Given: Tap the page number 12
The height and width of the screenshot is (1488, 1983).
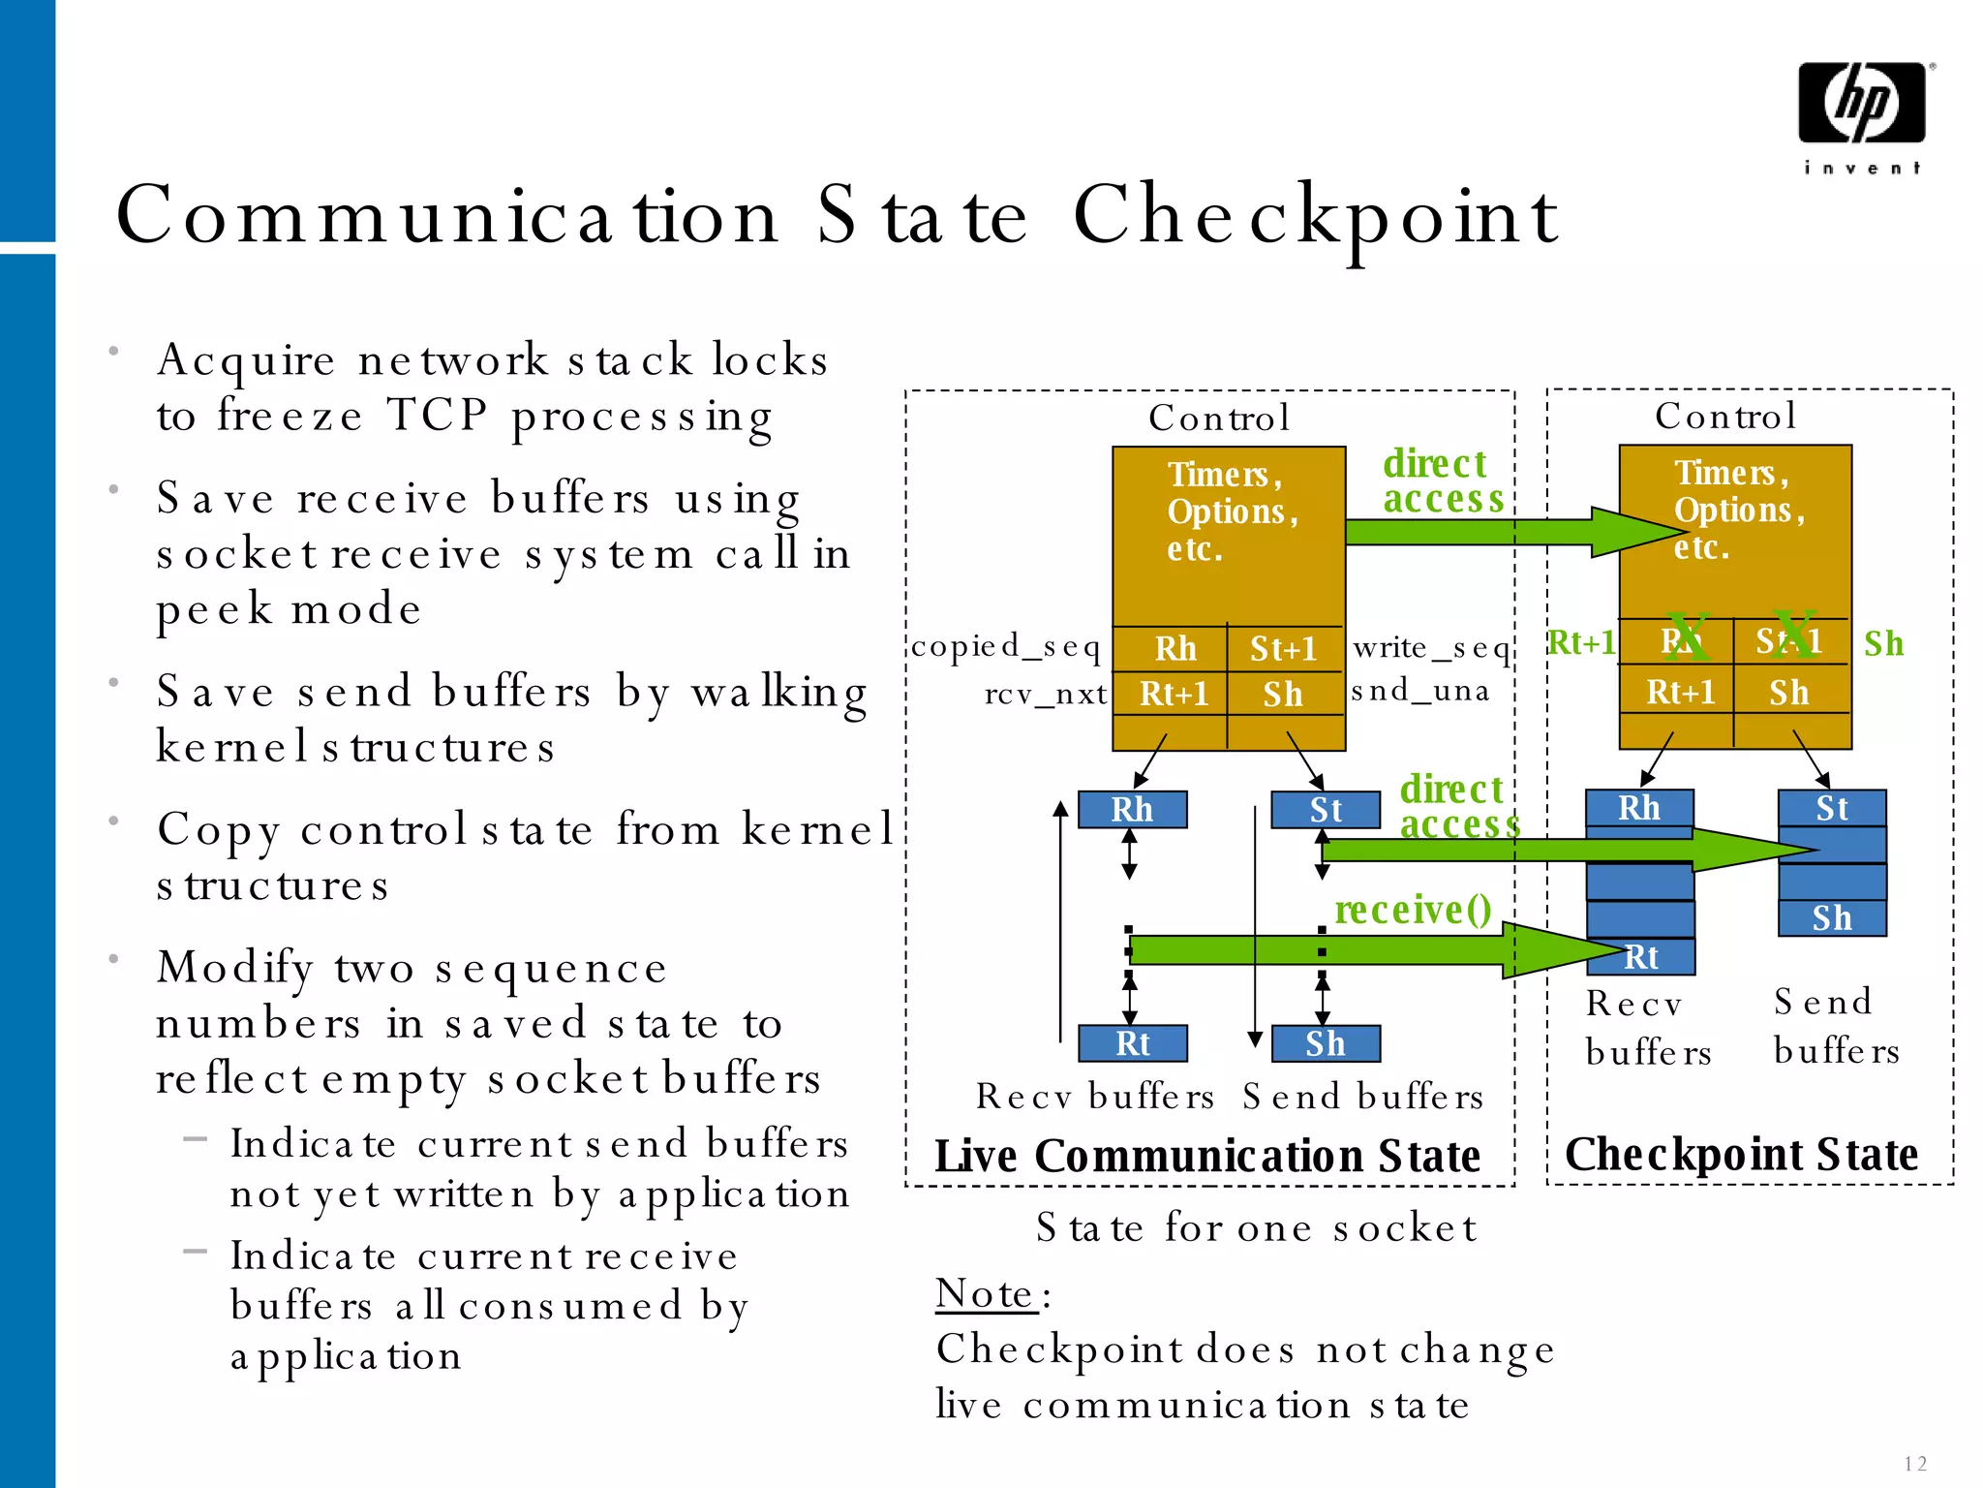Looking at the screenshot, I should coord(1914,1463).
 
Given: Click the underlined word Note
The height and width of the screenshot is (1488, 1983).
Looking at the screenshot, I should coord(986,1294).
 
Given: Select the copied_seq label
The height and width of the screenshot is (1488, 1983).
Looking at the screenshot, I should coord(1005,645).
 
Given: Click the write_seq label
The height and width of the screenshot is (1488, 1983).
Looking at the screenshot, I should coord(1431,647).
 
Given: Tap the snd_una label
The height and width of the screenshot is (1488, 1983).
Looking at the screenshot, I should coord(1419,691).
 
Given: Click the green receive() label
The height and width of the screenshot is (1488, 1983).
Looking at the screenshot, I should coord(1413,909).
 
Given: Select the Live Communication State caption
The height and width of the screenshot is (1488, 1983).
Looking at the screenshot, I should coord(1206,1157).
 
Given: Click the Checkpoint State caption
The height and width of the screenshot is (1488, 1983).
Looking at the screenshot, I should coord(1741,1155).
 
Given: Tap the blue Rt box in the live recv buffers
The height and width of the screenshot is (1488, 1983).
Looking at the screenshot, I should coord(1132,1043).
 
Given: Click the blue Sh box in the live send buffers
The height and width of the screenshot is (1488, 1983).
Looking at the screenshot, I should coord(1325,1043).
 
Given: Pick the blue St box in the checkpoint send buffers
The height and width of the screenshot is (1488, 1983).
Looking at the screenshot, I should coord(1831,808).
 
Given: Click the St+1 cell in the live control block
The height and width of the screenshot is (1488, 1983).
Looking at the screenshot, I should coord(1283,648).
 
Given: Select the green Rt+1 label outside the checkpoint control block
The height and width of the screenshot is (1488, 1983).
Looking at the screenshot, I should coord(1581,642).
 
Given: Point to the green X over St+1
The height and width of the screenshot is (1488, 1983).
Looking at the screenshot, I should coord(1792,635).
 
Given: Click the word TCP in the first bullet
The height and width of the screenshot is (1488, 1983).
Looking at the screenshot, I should coord(438,416).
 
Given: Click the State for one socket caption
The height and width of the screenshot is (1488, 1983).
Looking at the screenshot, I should coord(1256,1228).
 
